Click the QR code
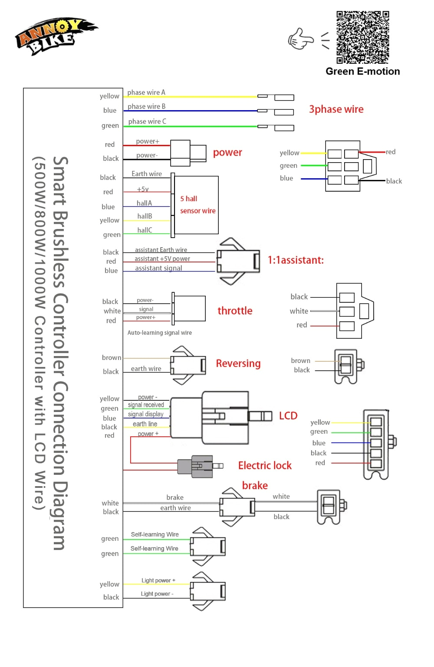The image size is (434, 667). [362, 38]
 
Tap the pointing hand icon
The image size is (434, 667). [300, 39]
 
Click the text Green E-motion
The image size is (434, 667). [362, 72]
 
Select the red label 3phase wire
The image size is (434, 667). [336, 109]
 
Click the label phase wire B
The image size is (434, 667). [146, 106]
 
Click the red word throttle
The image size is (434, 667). [235, 311]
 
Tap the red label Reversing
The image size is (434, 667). [238, 363]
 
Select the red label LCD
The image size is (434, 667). [288, 415]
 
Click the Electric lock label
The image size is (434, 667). [265, 465]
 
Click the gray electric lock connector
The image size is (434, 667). [196, 466]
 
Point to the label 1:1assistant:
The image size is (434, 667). [296, 260]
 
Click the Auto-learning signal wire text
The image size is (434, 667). [159, 333]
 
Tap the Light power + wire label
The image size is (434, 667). [158, 580]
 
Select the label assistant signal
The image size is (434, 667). [158, 268]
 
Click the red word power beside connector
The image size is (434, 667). [227, 153]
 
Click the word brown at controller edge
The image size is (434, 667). [112, 357]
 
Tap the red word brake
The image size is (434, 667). [255, 485]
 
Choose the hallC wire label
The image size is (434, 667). [145, 230]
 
